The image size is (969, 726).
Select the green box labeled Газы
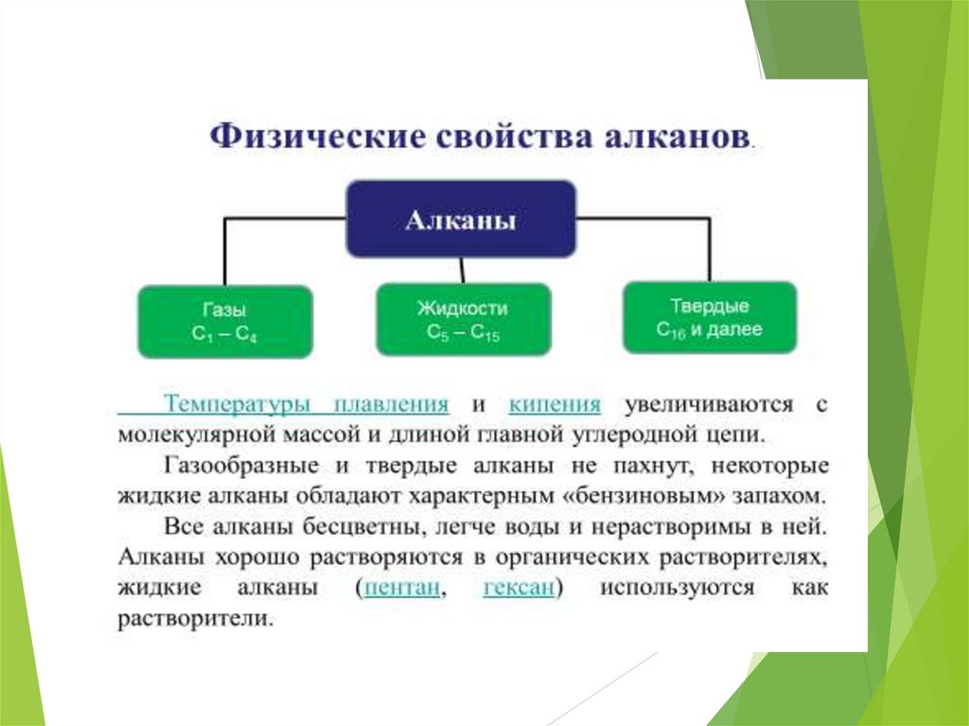[224, 322]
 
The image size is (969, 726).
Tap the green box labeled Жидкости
[463, 320]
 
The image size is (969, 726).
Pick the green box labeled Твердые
[710, 318]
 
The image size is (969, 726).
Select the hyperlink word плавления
[391, 405]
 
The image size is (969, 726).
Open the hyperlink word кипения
[555, 405]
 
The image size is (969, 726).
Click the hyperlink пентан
[403, 589]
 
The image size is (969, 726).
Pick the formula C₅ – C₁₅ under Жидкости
[463, 334]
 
